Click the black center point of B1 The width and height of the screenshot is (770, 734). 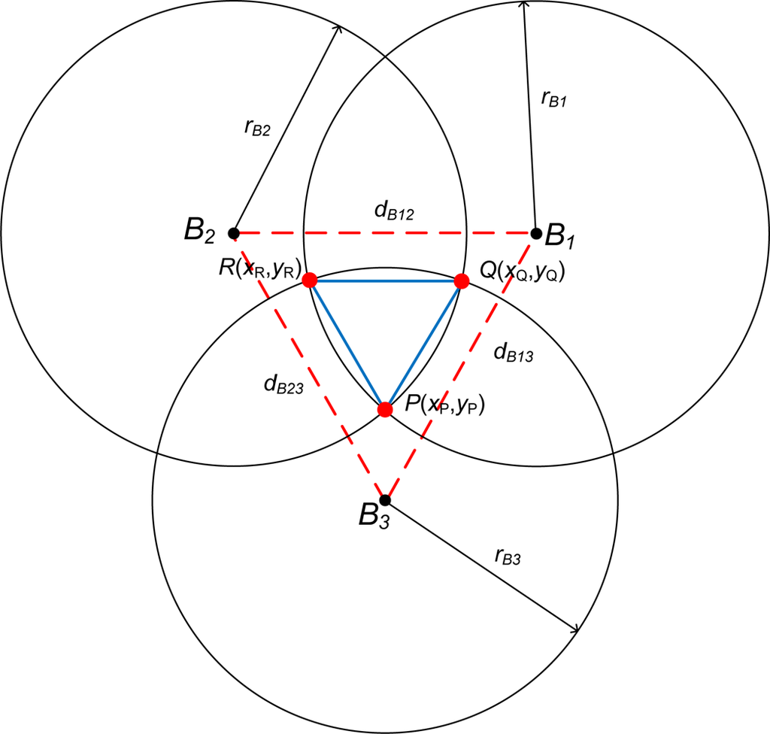coord(536,233)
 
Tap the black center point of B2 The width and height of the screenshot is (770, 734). coord(233,232)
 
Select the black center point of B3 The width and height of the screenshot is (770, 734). coord(385,499)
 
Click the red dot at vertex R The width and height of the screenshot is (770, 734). coord(308,281)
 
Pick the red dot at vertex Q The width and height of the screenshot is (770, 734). coord(462,281)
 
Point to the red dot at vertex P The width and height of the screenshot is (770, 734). coord(385,410)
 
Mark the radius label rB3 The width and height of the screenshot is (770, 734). coord(508,557)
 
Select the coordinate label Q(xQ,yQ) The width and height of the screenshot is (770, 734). coord(521,269)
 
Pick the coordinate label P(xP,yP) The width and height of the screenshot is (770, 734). coord(444,406)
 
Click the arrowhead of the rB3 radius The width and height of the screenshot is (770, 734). coord(577,629)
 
